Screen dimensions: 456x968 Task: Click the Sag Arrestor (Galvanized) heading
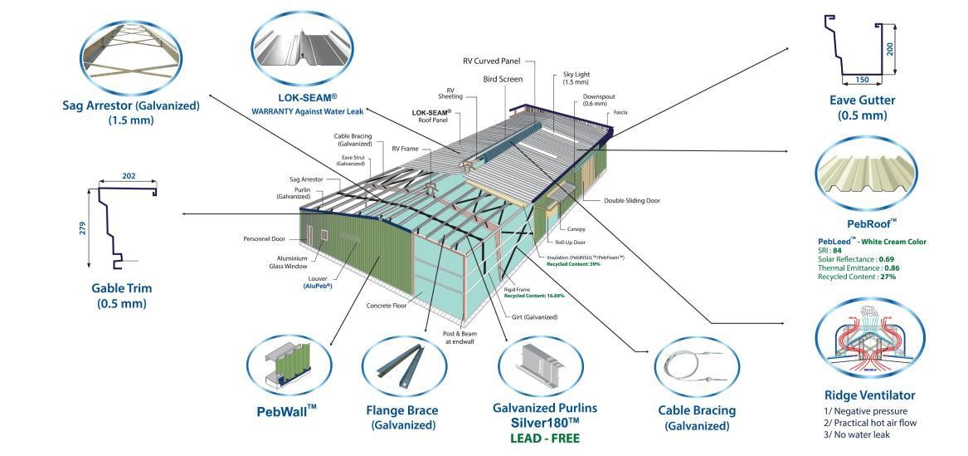(130, 105)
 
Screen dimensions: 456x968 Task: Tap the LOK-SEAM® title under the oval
(307, 96)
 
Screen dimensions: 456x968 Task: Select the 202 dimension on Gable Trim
(128, 176)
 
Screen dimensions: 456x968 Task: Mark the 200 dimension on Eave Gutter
(889, 49)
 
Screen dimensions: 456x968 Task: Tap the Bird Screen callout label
(503, 79)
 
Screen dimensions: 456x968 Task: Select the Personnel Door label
(265, 238)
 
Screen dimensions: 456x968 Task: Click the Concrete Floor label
(387, 306)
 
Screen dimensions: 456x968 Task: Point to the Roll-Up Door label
(570, 243)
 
